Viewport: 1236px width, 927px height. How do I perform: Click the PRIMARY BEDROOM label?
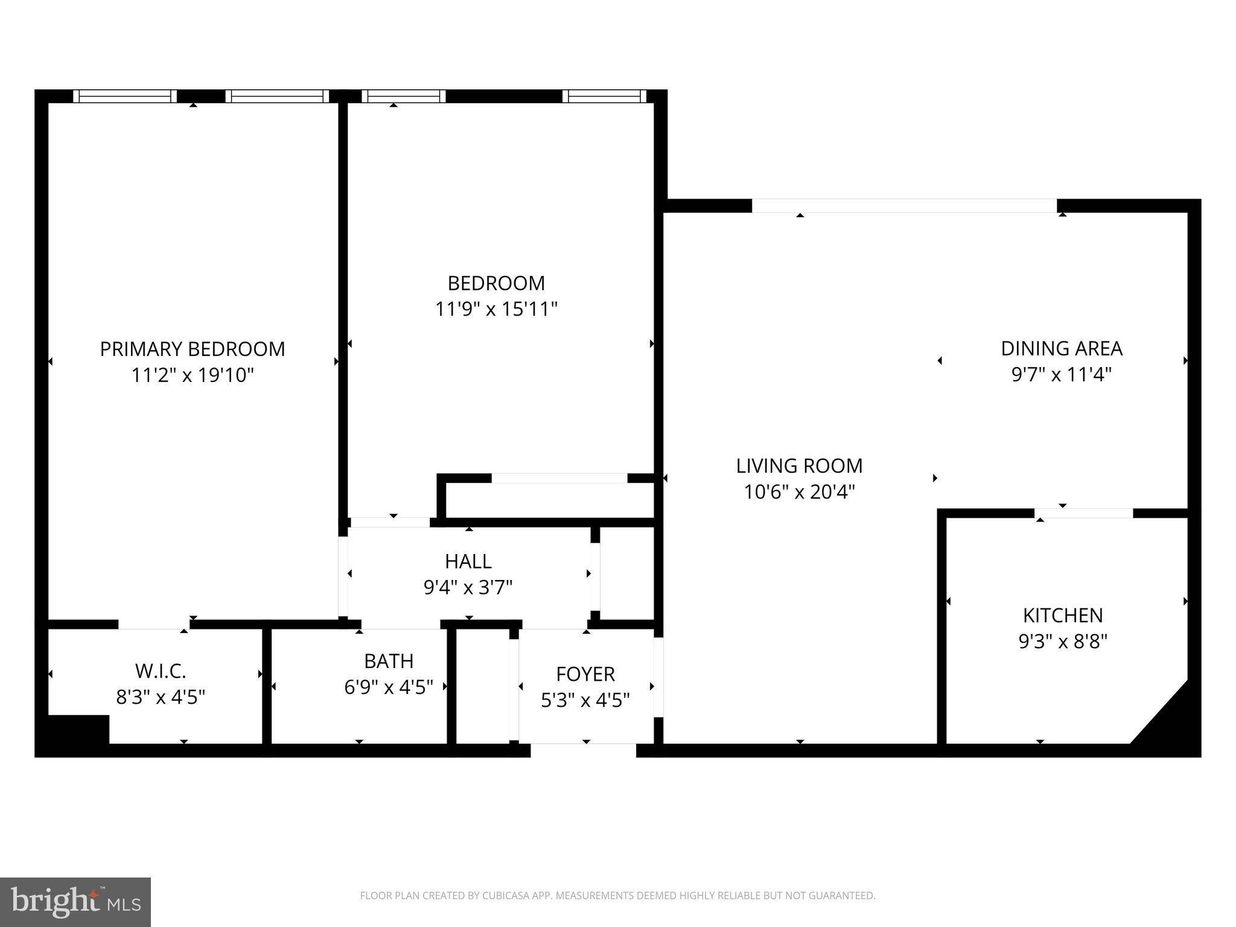(192, 349)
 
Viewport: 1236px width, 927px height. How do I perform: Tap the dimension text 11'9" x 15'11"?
(496, 310)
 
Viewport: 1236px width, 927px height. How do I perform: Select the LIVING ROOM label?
(799, 466)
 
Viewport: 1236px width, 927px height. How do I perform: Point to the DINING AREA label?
(1062, 348)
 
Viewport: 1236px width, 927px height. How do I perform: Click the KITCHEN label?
(1062, 615)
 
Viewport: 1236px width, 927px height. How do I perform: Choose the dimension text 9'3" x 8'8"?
(1062, 642)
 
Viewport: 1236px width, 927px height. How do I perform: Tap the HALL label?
(468, 561)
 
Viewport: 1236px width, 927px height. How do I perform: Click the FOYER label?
(585, 674)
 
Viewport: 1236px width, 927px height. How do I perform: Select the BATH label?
(389, 661)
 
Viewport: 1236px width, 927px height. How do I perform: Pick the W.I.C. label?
(161, 671)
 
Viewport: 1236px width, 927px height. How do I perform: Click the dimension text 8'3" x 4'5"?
(161, 698)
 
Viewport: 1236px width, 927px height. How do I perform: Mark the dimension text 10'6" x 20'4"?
(799, 492)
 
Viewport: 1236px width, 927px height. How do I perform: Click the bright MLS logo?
(75, 902)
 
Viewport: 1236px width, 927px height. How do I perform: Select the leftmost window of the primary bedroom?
(125, 96)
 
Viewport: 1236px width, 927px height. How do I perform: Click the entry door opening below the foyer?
(583, 750)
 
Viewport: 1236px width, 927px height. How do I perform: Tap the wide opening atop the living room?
(903, 206)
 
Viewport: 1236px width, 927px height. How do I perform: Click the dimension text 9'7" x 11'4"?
(1062, 375)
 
